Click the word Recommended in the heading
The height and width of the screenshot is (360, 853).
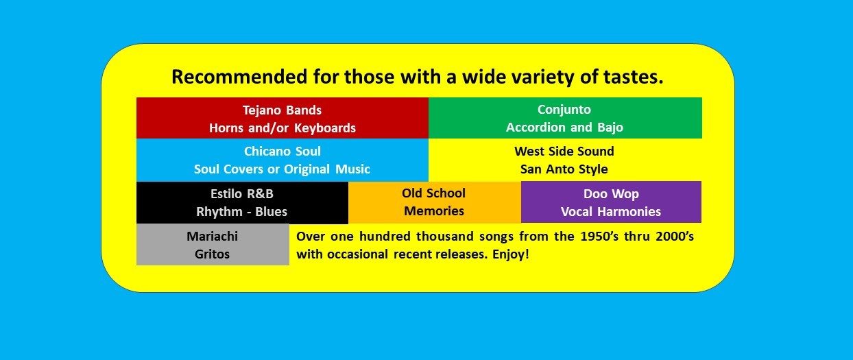(239, 77)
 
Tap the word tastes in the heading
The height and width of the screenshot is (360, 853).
(634, 77)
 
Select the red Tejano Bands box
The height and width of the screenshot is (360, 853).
(283, 118)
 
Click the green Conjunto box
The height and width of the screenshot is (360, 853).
(565, 118)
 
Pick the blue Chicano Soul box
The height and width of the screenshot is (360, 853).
(283, 160)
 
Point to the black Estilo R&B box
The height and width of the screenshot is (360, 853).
(242, 203)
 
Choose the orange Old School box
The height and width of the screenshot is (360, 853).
(435, 202)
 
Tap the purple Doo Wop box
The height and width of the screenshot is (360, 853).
(611, 202)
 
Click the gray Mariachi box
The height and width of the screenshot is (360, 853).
(213, 244)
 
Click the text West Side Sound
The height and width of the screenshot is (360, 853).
(564, 152)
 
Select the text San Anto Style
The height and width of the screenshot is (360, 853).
(564, 169)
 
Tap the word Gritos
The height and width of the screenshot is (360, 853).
(212, 254)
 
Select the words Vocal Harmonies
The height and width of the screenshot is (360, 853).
(611, 212)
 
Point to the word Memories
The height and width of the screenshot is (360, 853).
(434, 211)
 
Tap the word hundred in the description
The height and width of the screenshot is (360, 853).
(385, 237)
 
